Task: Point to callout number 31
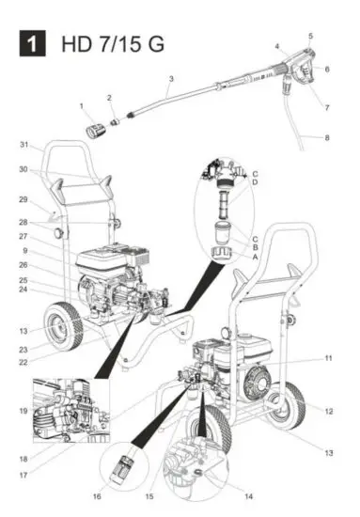coord(26,145)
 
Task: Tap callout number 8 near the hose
coord(328,139)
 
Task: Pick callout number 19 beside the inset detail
coord(23,412)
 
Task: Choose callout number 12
coord(328,411)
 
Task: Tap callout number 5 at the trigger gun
coord(310,36)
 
